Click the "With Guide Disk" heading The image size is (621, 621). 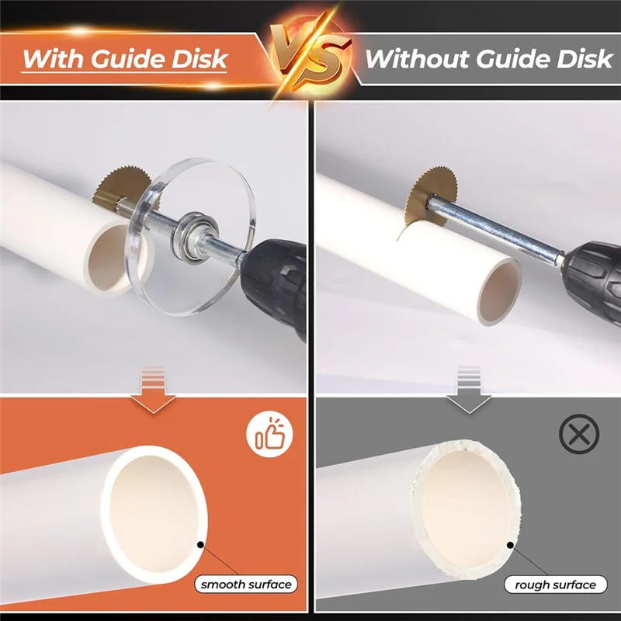coord(124,59)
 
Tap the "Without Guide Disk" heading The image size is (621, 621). coord(488,58)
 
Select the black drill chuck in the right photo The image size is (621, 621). coord(594,272)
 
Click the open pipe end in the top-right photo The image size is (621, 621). coord(494,292)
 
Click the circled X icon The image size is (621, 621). coord(578,435)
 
